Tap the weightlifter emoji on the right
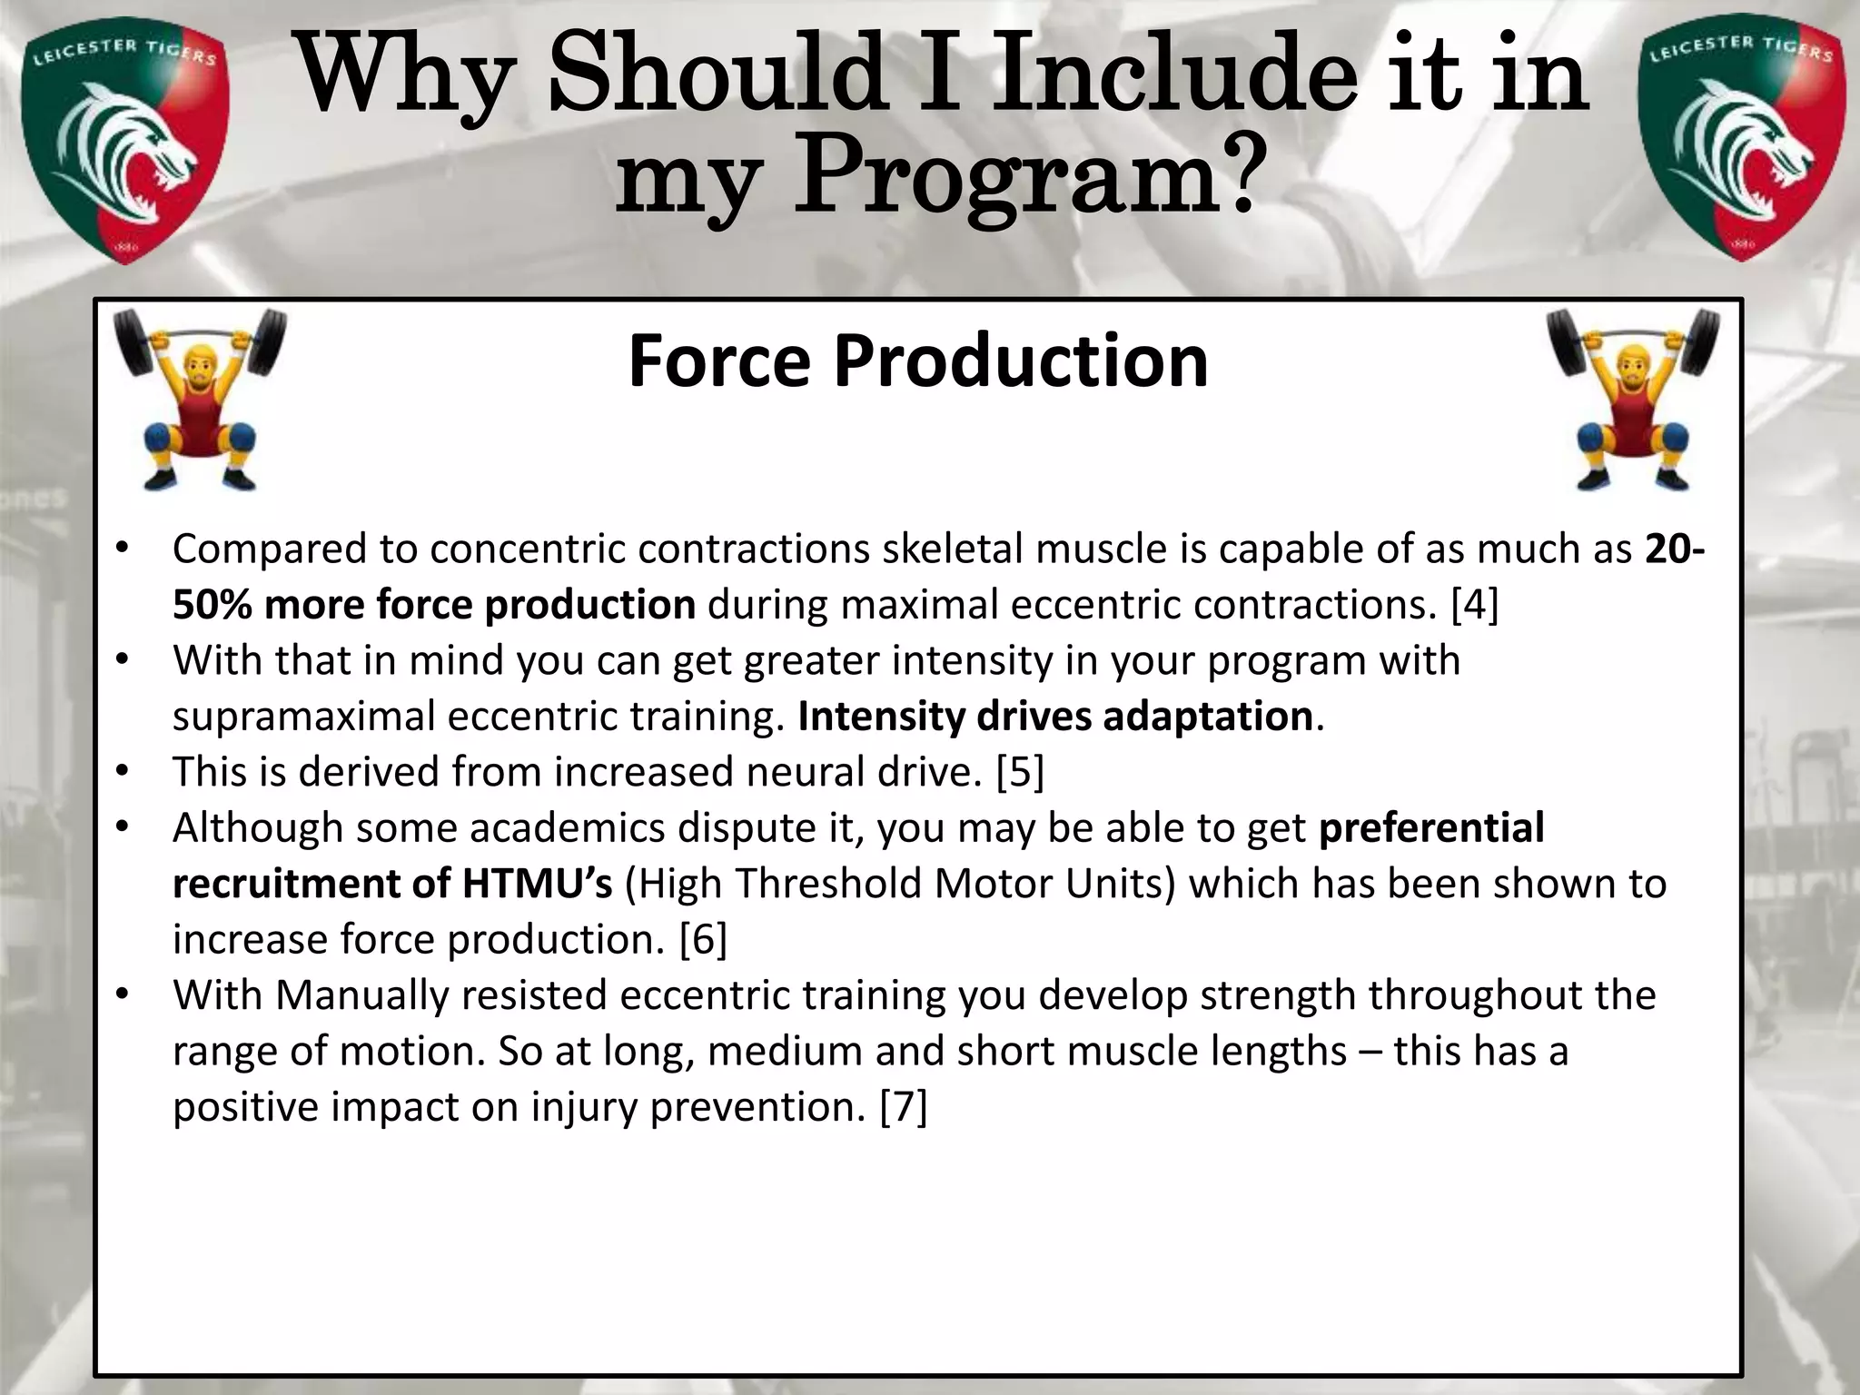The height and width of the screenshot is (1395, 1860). coord(1633,400)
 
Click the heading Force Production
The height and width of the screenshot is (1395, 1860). coord(917,361)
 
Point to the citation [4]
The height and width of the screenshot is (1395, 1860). coord(1474,605)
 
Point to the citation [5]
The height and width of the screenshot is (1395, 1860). coord(1020,772)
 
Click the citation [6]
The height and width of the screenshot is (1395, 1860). coord(703,939)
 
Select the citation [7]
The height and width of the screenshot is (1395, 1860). coord(904,1106)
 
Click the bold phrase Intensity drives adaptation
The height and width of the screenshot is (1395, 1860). coord(1054,717)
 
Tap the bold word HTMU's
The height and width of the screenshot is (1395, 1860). coord(538,884)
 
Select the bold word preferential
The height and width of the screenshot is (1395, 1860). coord(1430,827)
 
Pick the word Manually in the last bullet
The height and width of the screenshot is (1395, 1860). coord(362,995)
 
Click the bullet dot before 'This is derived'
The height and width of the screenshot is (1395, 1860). coord(124,772)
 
